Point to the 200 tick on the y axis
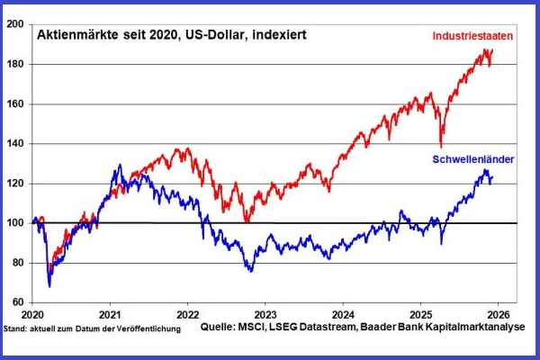[x=15, y=25]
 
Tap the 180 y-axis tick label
[x=15, y=65]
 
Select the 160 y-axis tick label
[x=15, y=104]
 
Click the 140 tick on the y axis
[x=15, y=144]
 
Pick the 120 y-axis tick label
[x=15, y=184]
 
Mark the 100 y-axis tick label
[x=15, y=223]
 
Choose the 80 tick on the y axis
[x=18, y=263]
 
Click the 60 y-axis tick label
[x=18, y=302]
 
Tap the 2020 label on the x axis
[x=31, y=316]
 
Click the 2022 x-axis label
[x=187, y=316]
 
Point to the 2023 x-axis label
[x=265, y=316]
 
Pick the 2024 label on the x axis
[x=344, y=316]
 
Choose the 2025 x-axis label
[x=421, y=316]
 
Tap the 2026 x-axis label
[x=499, y=316]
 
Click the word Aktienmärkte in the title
[x=69, y=35]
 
